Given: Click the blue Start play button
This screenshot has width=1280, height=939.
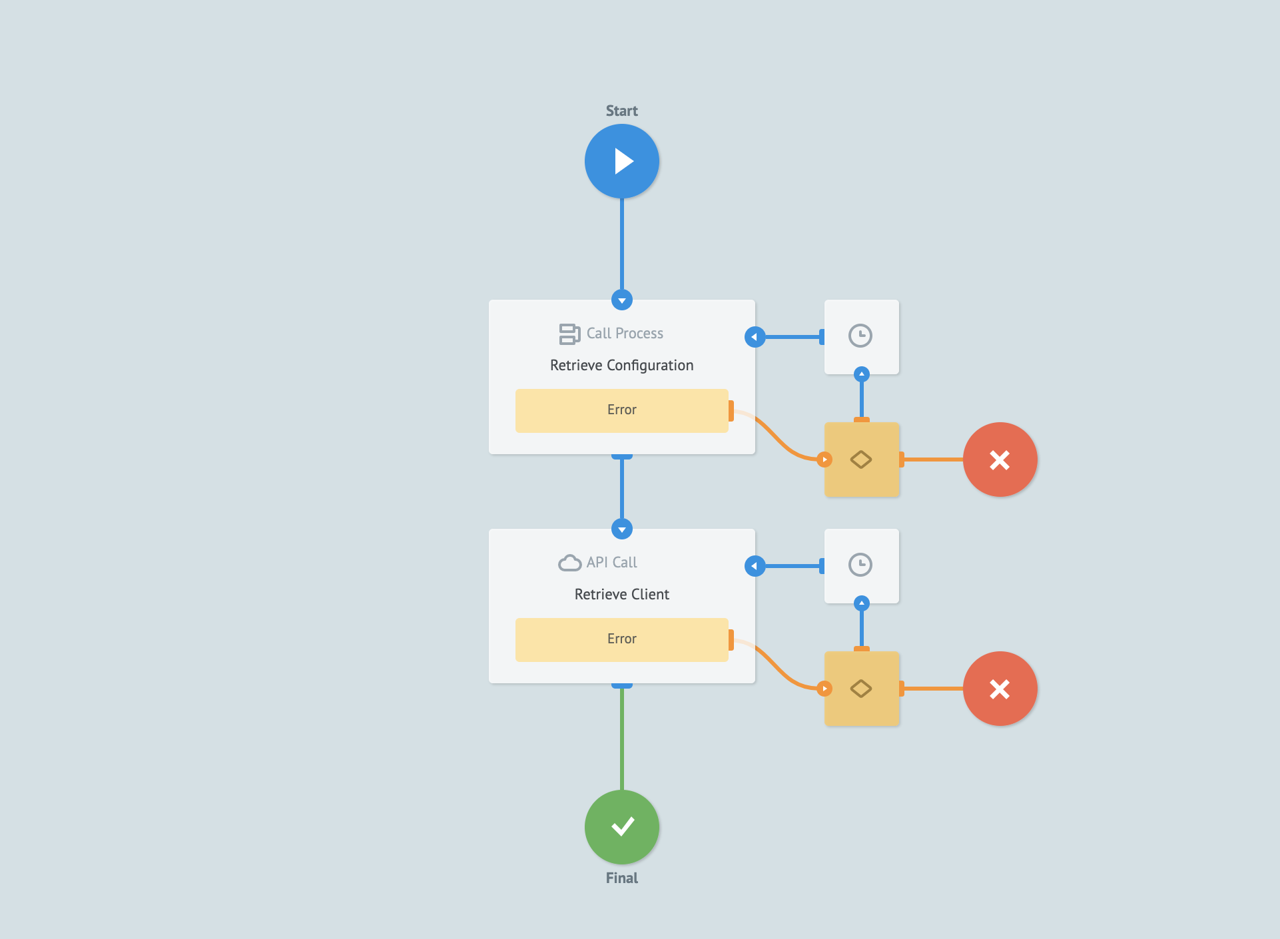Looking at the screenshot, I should (x=621, y=161).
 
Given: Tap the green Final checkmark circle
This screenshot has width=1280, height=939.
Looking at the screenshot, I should (x=621, y=826).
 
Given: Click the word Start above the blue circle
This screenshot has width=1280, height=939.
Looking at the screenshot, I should (x=621, y=111).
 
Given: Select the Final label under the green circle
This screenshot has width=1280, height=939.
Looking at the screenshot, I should (x=621, y=878).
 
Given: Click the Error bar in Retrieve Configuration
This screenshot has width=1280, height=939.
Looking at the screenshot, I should (x=621, y=410).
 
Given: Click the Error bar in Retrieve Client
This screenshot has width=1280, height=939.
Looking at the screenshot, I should (x=621, y=639).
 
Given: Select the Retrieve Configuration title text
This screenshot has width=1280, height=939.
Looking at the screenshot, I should (x=621, y=365).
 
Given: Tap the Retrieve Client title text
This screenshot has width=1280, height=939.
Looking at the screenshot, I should (x=621, y=594).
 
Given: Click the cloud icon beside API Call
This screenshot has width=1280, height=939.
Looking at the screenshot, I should (x=569, y=563).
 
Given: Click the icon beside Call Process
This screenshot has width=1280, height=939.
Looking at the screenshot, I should (x=569, y=334).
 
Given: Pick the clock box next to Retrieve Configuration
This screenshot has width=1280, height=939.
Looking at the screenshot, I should (x=861, y=336).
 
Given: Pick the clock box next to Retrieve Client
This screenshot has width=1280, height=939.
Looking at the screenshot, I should (x=861, y=565).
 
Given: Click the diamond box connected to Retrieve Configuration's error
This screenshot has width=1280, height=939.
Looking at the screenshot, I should (x=861, y=460).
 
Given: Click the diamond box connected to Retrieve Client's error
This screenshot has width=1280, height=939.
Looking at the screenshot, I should (x=861, y=689).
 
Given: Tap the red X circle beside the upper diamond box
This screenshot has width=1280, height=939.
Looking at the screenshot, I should (x=1000, y=460).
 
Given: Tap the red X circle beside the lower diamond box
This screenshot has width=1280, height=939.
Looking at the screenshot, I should (x=1000, y=689).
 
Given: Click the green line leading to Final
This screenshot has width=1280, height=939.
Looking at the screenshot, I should (x=621, y=739).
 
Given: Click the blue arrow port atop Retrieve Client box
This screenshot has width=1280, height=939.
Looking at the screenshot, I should (x=621, y=529).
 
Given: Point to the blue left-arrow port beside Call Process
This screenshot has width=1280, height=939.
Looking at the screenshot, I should (x=755, y=337).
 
